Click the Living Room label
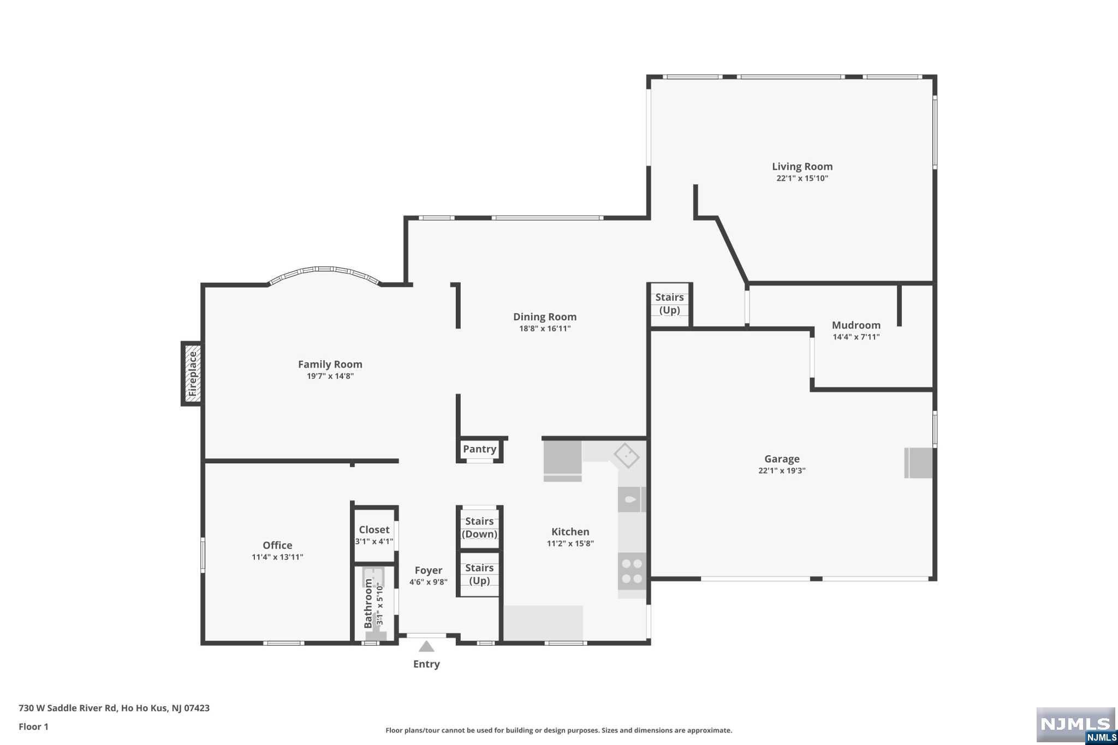tap(802, 166)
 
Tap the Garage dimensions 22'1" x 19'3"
tap(782, 470)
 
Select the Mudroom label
tap(856, 325)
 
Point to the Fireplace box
tap(192, 374)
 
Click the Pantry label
tap(479, 449)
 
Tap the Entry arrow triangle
tap(426, 646)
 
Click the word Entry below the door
tap(426, 664)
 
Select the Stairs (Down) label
tap(479, 528)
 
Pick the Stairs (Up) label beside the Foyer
tap(479, 574)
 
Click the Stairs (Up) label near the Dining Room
tap(669, 303)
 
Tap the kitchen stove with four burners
tap(632, 571)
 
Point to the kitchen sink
tap(632, 499)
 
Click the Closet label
tap(374, 529)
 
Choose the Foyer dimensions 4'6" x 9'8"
tap(429, 582)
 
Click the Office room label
tap(277, 545)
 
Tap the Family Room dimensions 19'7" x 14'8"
tap(330, 376)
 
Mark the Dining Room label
tap(545, 317)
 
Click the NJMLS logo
tap(1076, 725)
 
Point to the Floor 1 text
tap(34, 726)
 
